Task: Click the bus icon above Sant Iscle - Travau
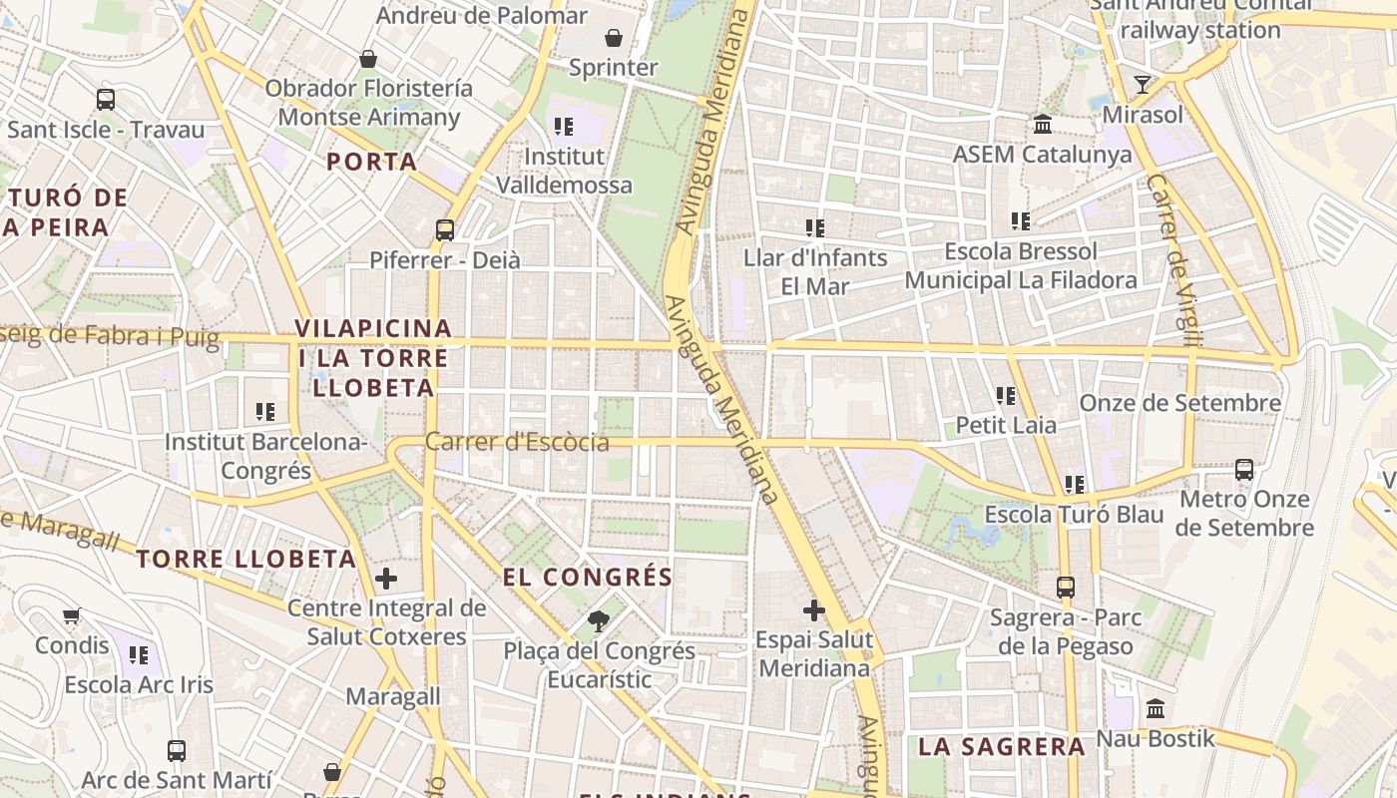(x=106, y=100)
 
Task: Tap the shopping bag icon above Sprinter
(x=614, y=38)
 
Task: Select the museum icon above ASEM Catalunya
(x=1043, y=125)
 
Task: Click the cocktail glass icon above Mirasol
(x=1143, y=84)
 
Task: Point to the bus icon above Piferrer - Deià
(x=445, y=230)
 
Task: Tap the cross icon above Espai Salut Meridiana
(x=814, y=610)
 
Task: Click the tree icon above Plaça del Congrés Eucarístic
(x=599, y=621)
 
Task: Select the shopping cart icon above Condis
(x=71, y=615)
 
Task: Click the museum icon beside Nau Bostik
(x=1156, y=709)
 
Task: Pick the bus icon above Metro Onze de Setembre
(x=1244, y=469)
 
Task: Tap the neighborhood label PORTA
(x=371, y=162)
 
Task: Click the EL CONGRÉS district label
(x=588, y=577)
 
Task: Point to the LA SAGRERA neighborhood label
(x=1001, y=746)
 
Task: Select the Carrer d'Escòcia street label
(x=517, y=442)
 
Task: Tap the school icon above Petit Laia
(x=1006, y=396)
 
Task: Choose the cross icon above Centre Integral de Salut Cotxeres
(x=386, y=579)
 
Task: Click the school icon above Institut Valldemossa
(x=564, y=127)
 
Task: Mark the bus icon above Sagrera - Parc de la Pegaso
(x=1066, y=588)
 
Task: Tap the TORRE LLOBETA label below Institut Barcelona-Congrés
(x=246, y=559)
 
